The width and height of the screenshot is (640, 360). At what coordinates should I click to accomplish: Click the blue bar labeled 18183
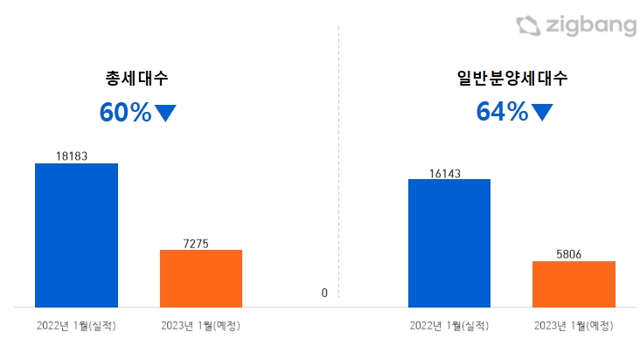76,234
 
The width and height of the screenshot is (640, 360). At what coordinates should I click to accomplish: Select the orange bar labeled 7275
200,278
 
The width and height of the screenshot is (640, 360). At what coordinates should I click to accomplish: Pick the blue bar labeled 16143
449,242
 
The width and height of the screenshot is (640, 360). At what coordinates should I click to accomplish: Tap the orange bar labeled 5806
574,283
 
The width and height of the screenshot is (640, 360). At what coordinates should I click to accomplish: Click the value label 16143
448,173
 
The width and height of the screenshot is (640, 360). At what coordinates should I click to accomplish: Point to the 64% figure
502,112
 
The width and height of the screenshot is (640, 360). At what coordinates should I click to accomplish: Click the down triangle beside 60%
165,112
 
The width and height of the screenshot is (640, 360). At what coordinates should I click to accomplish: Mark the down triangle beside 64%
542,112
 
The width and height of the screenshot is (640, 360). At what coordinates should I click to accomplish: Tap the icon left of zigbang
527,26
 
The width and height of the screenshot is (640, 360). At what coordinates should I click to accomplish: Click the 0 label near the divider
323,293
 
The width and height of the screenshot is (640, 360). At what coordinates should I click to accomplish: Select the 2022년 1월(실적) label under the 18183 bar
76,326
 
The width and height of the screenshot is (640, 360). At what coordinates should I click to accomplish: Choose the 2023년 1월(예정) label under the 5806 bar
574,326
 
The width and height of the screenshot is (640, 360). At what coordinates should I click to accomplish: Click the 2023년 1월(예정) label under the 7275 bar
200,326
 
